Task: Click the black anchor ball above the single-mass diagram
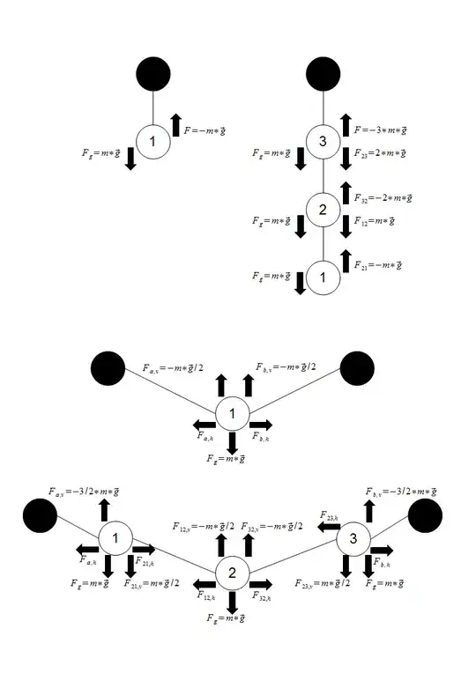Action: tap(153, 74)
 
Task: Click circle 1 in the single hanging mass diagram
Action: tap(153, 143)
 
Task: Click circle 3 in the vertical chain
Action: tap(324, 143)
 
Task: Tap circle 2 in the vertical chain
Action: tap(324, 210)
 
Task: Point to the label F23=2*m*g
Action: tap(380, 154)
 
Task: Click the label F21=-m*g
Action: tap(379, 264)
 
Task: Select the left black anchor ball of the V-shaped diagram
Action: tap(107, 368)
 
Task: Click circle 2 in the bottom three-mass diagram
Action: tap(232, 573)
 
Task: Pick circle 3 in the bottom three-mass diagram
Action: tap(353, 537)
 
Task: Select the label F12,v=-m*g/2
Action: tap(203, 526)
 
